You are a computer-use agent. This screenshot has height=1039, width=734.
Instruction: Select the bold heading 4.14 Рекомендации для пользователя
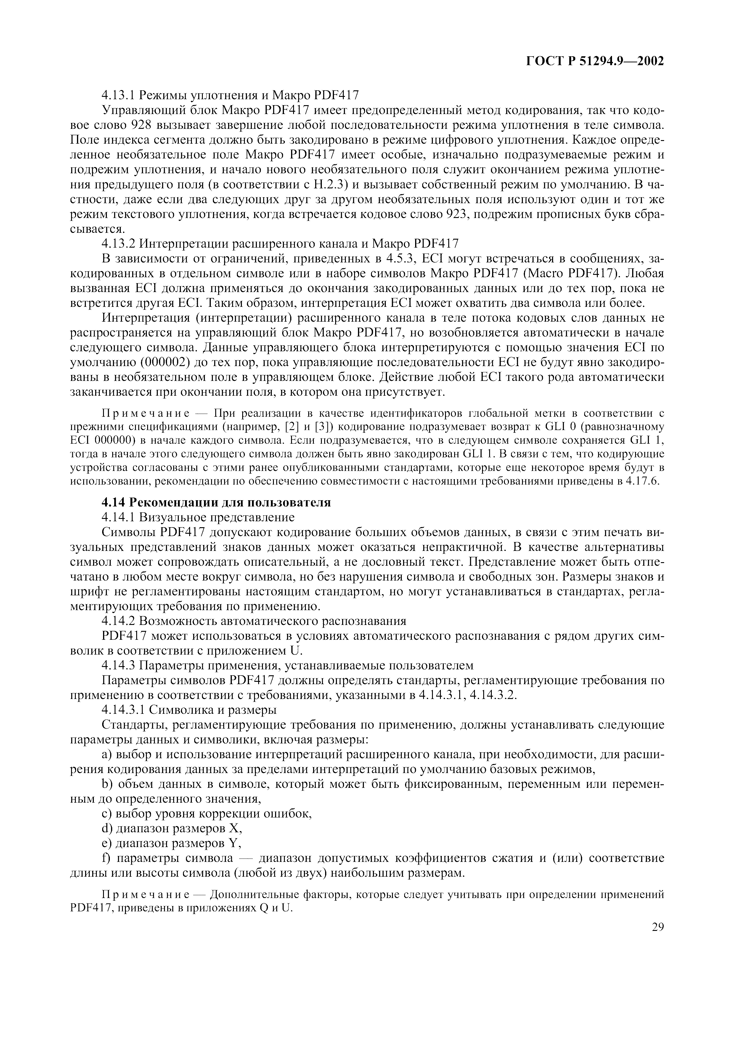216,502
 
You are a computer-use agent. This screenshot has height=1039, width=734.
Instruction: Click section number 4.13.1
118,95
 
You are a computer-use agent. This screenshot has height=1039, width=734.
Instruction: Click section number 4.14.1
118,517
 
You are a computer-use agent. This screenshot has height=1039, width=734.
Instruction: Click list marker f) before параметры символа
106,858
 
